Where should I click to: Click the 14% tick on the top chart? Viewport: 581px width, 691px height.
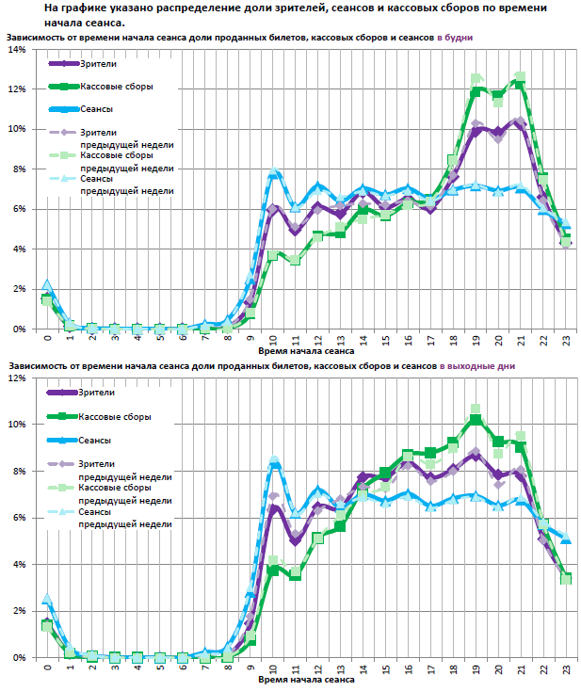tap(17, 49)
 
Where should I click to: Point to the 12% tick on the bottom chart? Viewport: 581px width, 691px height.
tap(17, 378)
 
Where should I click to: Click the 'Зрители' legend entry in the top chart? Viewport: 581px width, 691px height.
tap(100, 64)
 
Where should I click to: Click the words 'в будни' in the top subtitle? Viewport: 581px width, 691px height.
tap(454, 36)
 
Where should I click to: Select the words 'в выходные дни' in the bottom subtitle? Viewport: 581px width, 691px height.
tap(476, 364)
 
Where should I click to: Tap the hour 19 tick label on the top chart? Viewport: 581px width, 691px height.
tap(476, 338)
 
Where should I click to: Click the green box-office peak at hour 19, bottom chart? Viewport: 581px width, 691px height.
tap(476, 419)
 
